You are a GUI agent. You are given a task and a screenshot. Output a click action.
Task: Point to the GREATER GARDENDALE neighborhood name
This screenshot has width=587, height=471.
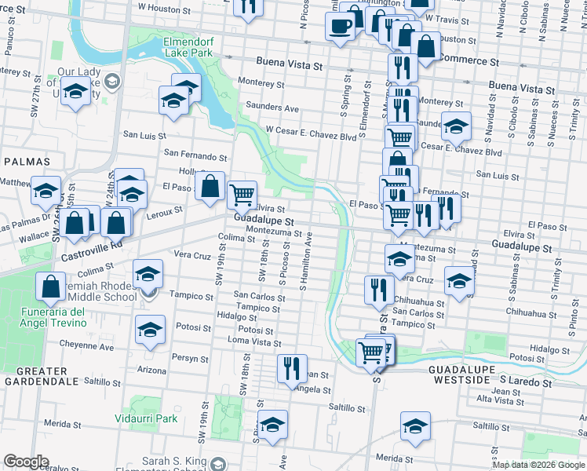point(36,375)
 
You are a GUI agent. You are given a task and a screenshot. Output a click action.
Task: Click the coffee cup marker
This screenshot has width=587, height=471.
point(340,27)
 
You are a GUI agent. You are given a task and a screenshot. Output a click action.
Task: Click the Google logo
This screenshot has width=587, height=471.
point(25,462)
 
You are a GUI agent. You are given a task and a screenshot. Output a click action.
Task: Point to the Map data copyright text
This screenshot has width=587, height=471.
point(538,465)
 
